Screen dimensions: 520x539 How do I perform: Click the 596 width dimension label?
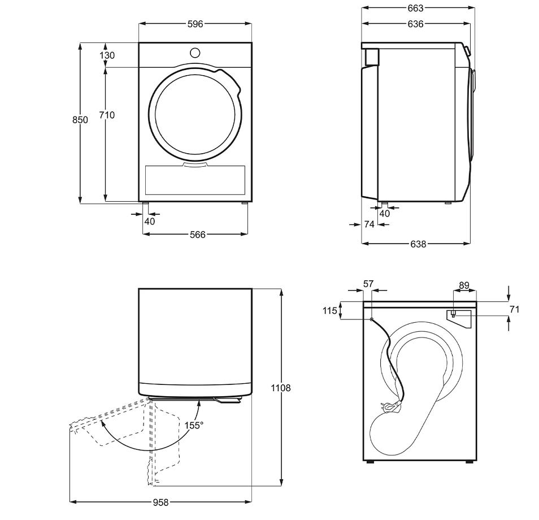[x=195, y=24]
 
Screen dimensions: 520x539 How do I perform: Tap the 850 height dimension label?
[x=80, y=120]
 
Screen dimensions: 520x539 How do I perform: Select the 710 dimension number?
[x=107, y=115]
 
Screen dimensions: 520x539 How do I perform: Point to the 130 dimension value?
[x=107, y=55]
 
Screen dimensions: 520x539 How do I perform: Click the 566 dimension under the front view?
[x=197, y=235]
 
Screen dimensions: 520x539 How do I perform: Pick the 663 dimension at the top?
[x=415, y=8]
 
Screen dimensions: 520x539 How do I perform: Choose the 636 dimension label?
[x=415, y=24]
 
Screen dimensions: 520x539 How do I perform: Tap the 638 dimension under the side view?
[x=418, y=244]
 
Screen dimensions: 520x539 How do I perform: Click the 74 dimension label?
[x=369, y=224]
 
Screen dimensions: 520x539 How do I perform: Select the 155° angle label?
[x=194, y=426]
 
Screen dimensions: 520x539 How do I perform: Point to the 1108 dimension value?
[x=281, y=388]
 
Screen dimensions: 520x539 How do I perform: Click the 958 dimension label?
[x=160, y=502]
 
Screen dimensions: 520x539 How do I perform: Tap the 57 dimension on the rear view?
[x=368, y=284]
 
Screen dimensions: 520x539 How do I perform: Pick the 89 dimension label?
[x=464, y=286]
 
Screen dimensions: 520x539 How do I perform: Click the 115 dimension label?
[x=331, y=310]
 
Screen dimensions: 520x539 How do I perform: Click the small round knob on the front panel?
[x=195, y=53]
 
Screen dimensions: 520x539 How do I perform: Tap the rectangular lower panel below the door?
[x=195, y=180]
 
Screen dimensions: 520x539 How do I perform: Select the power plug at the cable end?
[x=390, y=405]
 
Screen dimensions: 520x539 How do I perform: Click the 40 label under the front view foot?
[x=149, y=222]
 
